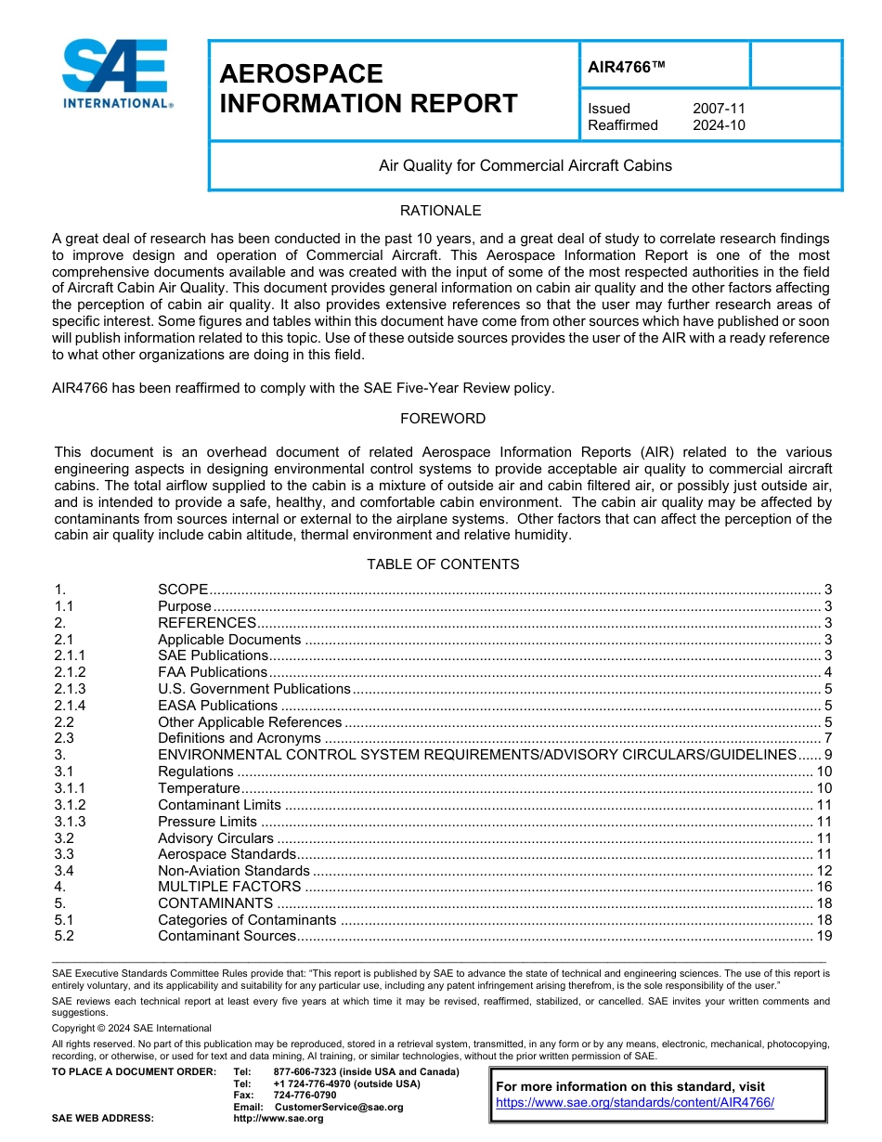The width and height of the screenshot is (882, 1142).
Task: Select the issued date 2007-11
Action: pyautogui.click(x=719, y=109)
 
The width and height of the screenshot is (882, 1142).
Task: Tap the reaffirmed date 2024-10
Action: pyautogui.click(x=719, y=125)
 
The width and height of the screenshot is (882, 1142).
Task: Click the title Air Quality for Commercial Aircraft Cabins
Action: pyautogui.click(x=525, y=166)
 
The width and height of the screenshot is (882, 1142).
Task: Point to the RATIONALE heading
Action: pyautogui.click(x=440, y=211)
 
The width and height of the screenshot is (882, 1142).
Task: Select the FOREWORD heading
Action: pyautogui.click(x=443, y=419)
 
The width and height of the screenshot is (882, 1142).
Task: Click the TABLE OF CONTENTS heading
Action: pyautogui.click(x=443, y=565)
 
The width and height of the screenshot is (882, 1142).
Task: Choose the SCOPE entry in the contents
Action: pyautogui.click(x=183, y=590)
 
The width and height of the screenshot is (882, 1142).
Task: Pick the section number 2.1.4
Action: pyautogui.click(x=70, y=706)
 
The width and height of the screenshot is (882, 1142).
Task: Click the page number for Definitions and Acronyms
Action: pyautogui.click(x=827, y=739)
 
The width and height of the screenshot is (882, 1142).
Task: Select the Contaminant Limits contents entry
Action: pyautogui.click(x=219, y=805)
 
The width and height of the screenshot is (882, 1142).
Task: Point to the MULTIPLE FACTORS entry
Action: pyautogui.click(x=216, y=888)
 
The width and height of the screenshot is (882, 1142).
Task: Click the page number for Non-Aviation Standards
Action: pyautogui.click(x=824, y=871)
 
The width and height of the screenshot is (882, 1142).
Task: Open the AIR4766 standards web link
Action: pyautogui.click(x=635, y=1103)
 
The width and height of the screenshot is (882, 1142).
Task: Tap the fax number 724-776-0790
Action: pyautogui.click(x=305, y=1096)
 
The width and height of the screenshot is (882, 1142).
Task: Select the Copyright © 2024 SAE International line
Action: pyautogui.click(x=132, y=1028)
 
